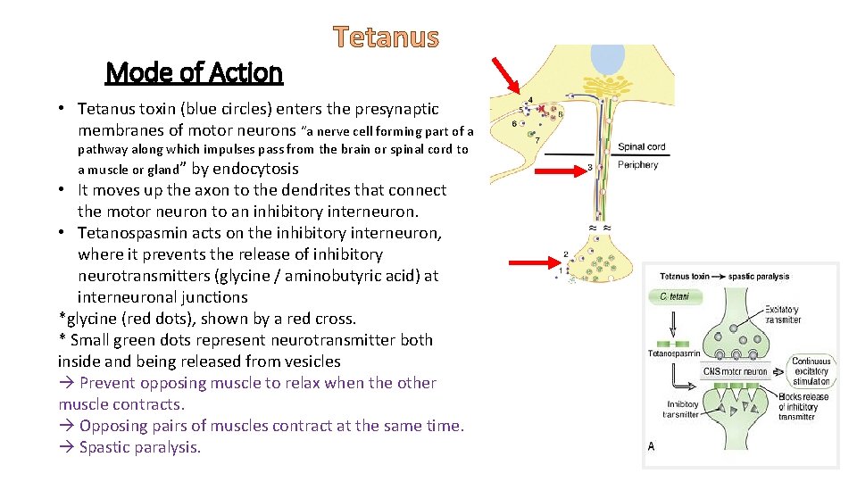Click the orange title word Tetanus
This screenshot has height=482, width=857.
pos(387,37)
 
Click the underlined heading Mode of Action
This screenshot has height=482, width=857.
pos(194,72)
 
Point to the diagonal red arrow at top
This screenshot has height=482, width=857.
pos(508,75)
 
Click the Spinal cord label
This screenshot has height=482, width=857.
pos(641,147)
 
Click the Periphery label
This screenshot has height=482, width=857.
pos(637,165)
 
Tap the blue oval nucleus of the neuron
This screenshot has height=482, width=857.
pos(609,59)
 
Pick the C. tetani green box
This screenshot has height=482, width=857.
pos(676,296)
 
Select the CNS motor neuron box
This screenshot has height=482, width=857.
pos(736,371)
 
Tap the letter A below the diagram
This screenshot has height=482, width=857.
pos(651,446)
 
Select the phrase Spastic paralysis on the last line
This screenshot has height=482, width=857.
pos(139,447)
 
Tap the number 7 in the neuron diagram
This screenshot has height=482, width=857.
pos(537,140)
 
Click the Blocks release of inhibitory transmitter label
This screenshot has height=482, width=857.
pos(803,406)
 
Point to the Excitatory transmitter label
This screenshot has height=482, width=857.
pos(783,314)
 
